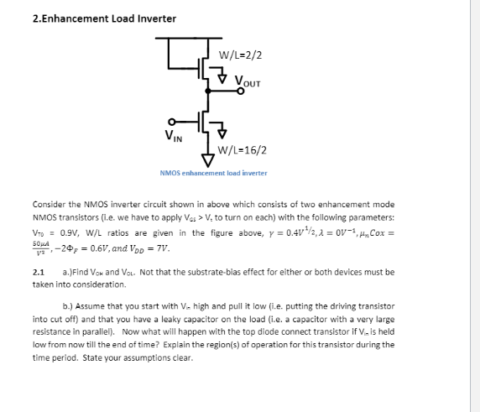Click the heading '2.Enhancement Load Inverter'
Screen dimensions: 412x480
[104, 18]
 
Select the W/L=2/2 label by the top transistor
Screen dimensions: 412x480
[240, 55]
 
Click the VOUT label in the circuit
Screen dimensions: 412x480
[248, 81]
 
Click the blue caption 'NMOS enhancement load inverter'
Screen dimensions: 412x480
[213, 173]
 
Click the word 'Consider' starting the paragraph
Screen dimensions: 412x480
[48, 204]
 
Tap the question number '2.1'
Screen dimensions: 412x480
[38, 273]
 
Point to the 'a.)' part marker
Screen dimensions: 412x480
[70, 273]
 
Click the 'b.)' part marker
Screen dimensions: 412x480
[70, 308]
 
